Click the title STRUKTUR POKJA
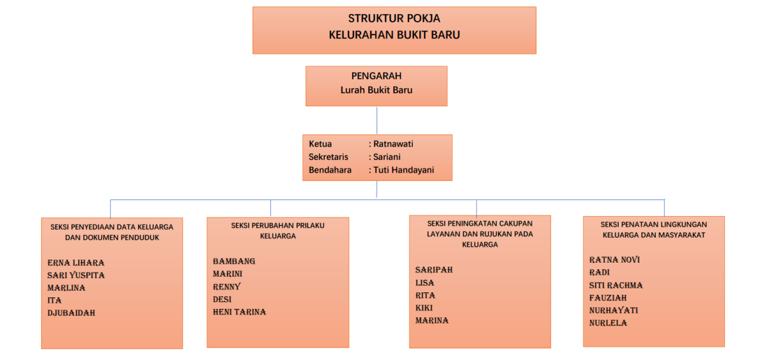tap(394, 19)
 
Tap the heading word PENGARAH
tap(376, 76)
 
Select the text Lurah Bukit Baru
tap(376, 90)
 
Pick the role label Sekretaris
tap(329, 157)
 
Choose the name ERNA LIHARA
tap(75, 263)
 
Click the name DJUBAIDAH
tap(72, 313)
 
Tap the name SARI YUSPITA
tap(76, 276)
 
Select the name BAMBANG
tap(234, 262)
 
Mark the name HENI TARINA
tap(239, 312)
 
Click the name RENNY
tap(227, 286)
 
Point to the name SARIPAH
tap(433, 270)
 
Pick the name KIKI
tap(424, 308)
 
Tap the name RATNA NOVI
tap(614, 260)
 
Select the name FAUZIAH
tap(608, 298)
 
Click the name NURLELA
tap(608, 323)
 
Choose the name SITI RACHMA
tap(616, 285)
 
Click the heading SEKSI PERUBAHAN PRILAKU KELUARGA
tap(277, 230)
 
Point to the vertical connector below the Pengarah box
tap(376, 120)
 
